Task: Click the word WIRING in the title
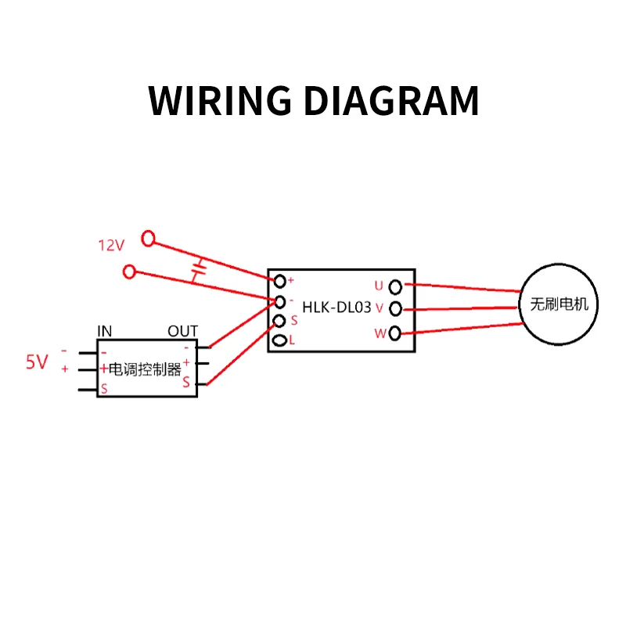(220, 101)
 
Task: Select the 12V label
(111, 245)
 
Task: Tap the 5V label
(37, 362)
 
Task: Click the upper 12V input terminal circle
(147, 238)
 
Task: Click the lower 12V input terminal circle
(130, 272)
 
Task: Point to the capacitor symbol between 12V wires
(200, 270)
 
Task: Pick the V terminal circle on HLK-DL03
(395, 308)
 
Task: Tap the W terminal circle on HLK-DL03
(395, 333)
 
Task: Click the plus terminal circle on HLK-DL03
(279, 280)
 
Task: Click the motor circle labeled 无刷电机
(559, 304)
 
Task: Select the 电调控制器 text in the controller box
(145, 369)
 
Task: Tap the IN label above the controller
(104, 331)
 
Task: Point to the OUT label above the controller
(182, 331)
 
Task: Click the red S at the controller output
(186, 383)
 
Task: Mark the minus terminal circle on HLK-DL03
(279, 300)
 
